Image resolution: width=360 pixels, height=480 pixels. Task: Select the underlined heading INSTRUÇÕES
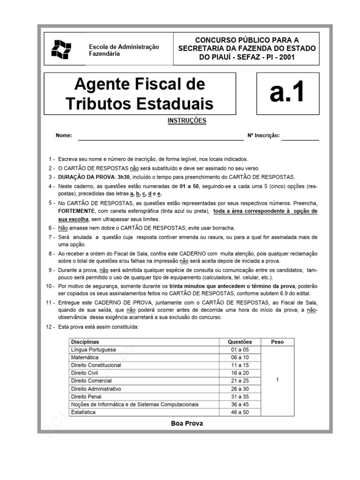pos(187,120)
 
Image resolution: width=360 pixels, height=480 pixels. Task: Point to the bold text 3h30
pos(123,177)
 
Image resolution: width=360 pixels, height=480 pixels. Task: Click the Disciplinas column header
pos(85,342)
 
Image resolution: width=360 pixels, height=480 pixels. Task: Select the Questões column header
pos(240,342)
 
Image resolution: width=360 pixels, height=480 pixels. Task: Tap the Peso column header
pos(277,342)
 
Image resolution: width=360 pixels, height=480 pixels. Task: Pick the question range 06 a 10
pos(240,358)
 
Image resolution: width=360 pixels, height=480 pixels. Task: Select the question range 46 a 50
pos(240,412)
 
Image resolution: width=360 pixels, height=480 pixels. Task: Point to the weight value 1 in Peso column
pos(277,380)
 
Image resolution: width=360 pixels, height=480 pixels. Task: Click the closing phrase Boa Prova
pos(187,423)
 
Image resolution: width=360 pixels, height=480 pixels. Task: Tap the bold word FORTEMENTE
pos(78,211)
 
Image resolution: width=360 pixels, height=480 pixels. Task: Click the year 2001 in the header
pos(287,57)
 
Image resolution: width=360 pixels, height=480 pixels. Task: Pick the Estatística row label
pos(83,412)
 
